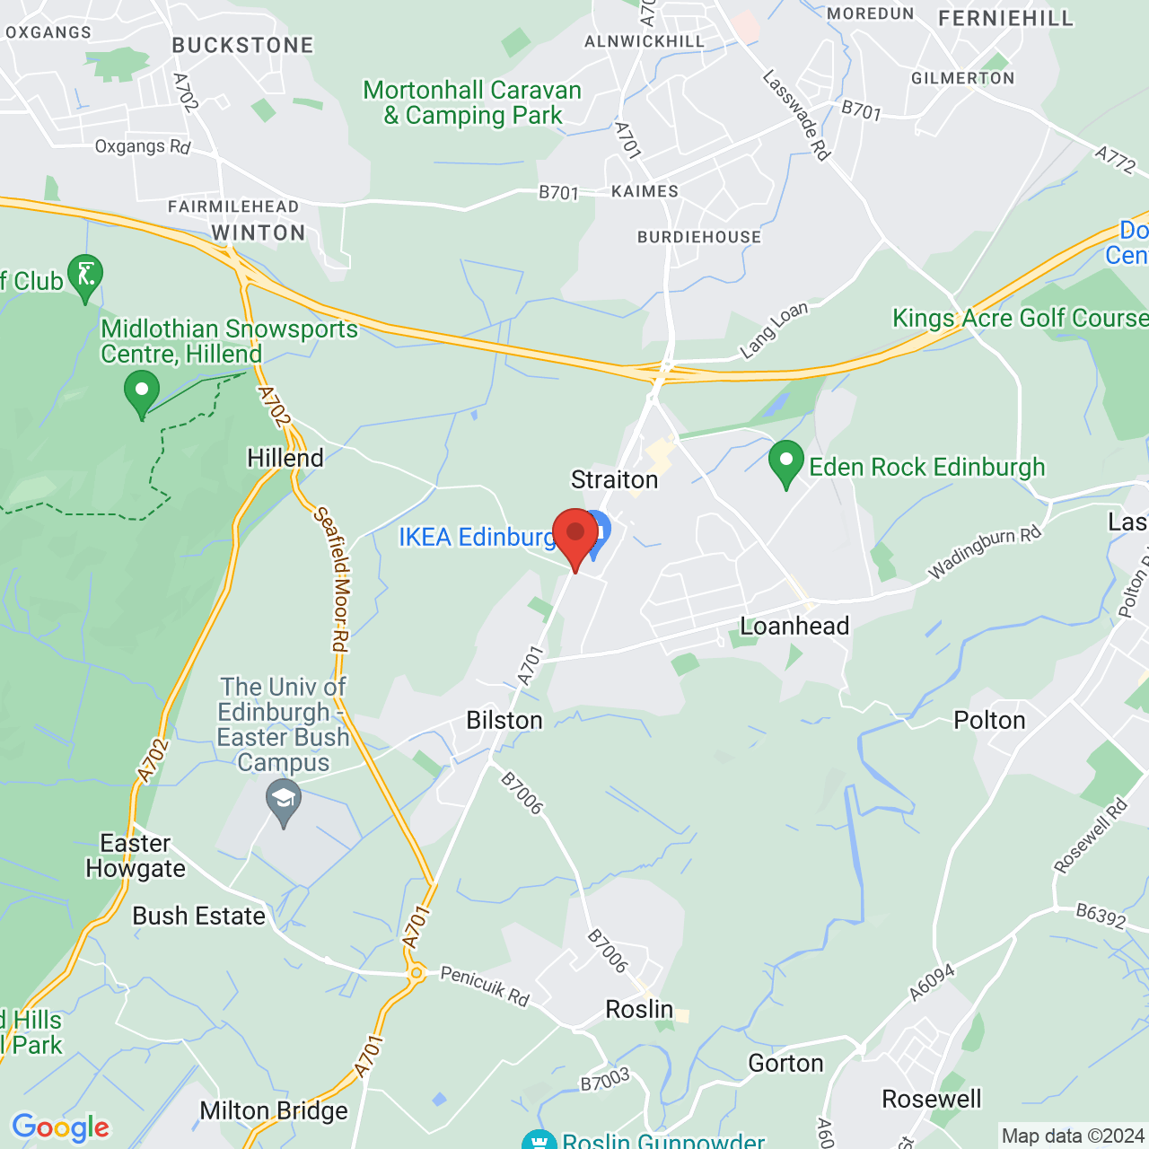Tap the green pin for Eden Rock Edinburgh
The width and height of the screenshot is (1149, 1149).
tap(786, 463)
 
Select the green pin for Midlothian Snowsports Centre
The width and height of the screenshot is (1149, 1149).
tap(141, 392)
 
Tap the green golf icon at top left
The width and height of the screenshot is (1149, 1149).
tap(85, 276)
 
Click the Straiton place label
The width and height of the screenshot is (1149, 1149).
tap(615, 480)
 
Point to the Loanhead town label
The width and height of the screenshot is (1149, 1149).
tap(794, 626)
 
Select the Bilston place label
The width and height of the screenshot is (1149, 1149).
tap(504, 720)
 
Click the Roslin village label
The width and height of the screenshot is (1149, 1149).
tap(639, 1009)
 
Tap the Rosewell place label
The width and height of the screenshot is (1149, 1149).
tap(932, 1099)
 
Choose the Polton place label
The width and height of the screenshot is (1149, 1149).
tap(989, 720)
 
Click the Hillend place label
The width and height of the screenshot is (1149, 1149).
tap(285, 458)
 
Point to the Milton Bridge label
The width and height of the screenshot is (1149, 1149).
tap(274, 1111)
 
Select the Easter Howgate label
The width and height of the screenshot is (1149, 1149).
tap(136, 855)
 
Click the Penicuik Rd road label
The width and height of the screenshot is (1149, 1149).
tap(485, 986)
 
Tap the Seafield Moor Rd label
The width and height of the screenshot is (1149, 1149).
tap(331, 580)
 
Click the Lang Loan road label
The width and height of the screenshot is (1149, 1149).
tap(774, 329)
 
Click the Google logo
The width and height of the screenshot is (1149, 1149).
tap(61, 1127)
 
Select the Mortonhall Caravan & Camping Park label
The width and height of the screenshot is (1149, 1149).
tap(472, 103)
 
